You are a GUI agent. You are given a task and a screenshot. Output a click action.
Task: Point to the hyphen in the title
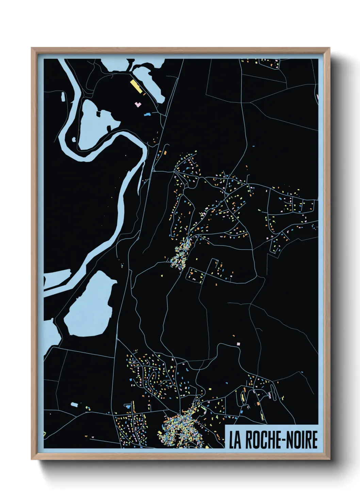pos(282,440)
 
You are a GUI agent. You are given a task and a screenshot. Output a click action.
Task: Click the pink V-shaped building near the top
pos(138,104)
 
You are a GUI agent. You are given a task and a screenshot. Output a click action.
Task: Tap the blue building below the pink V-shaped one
pos(147,114)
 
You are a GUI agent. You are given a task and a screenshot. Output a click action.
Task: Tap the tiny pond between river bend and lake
pos(74,139)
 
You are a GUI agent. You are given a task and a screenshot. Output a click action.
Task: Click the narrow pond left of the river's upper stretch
pos(63,96)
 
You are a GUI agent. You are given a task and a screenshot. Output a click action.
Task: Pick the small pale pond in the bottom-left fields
pos(74,404)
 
